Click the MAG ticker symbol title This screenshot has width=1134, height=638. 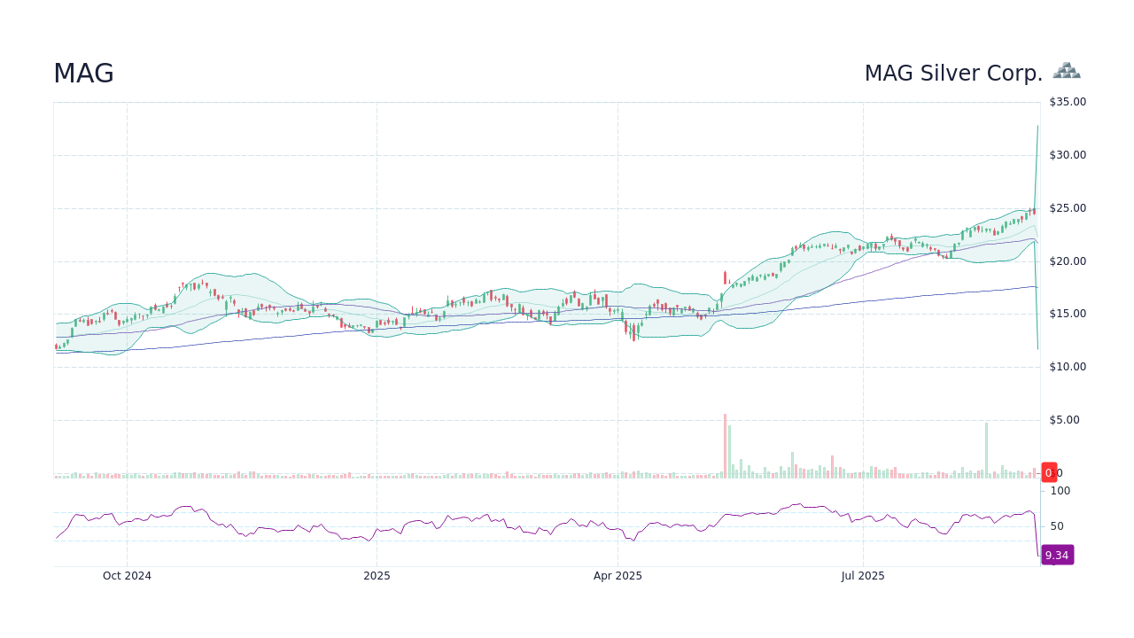[x=83, y=74]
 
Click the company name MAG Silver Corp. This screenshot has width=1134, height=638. [x=953, y=74]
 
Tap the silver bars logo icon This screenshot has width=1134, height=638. [x=1067, y=71]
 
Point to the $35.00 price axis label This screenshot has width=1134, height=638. [x=1068, y=102]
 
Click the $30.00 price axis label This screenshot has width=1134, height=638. [x=1068, y=155]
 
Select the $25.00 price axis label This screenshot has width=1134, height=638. [x=1068, y=208]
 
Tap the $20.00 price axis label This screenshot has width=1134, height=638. [x=1068, y=261]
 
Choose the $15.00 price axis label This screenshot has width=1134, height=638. [x=1068, y=314]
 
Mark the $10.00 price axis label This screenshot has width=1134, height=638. [x=1068, y=367]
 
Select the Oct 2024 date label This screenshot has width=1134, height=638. [x=127, y=576]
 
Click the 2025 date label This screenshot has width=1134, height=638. [x=377, y=576]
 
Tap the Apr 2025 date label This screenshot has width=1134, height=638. [x=617, y=576]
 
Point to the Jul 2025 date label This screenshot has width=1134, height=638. [x=863, y=576]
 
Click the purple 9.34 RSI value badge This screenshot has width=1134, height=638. [x=1057, y=556]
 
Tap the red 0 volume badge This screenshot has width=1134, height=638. [x=1049, y=472]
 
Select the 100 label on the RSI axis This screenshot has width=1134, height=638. [x=1060, y=491]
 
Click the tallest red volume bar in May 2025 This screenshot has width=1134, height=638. [x=725, y=446]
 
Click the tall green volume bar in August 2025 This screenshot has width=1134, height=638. [x=986, y=450]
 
